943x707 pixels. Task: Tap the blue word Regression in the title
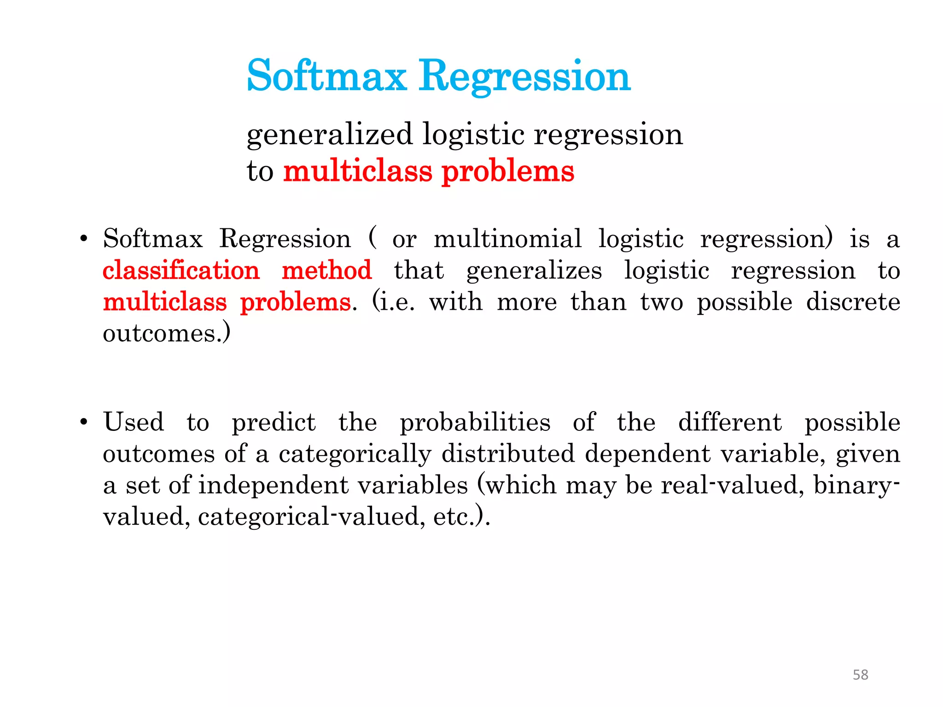[x=524, y=76]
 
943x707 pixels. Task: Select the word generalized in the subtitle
[x=329, y=135]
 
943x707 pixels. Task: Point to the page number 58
[x=860, y=675]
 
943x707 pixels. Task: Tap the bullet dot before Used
[x=83, y=422]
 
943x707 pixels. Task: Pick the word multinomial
[x=507, y=239]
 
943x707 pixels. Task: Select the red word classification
[x=181, y=270]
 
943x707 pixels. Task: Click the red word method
[x=326, y=270]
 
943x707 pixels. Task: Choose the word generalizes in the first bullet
[x=534, y=271]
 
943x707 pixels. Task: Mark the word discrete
[x=853, y=302]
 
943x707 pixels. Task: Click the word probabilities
[x=475, y=423]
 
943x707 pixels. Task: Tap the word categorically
[x=355, y=454]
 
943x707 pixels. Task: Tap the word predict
[x=274, y=423]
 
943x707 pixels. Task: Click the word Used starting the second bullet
[x=134, y=422]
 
